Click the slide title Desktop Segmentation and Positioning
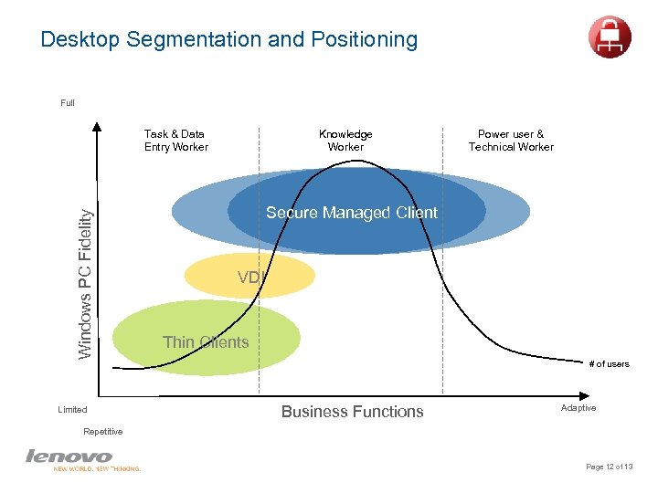[228, 40]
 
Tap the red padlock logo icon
[610, 37]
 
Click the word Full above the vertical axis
[68, 103]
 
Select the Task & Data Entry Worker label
[175, 141]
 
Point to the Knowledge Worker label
[345, 141]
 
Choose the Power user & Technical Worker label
[511, 141]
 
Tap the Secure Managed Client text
[352, 213]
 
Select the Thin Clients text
[206, 342]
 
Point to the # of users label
[609, 364]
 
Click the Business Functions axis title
[352, 412]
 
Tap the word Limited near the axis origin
[72, 410]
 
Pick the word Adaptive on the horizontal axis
[578, 408]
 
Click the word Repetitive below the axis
[102, 431]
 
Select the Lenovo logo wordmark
[69, 456]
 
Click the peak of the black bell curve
[345, 163]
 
